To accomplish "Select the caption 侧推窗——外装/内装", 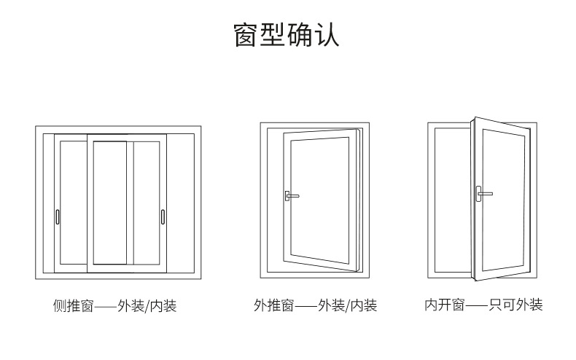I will (115, 306).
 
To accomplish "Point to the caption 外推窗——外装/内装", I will (316, 306).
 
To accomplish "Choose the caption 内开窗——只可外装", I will (484, 305).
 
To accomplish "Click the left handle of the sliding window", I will (58, 216).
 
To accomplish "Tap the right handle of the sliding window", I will (163, 216).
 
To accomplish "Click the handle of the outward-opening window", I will (291, 195).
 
